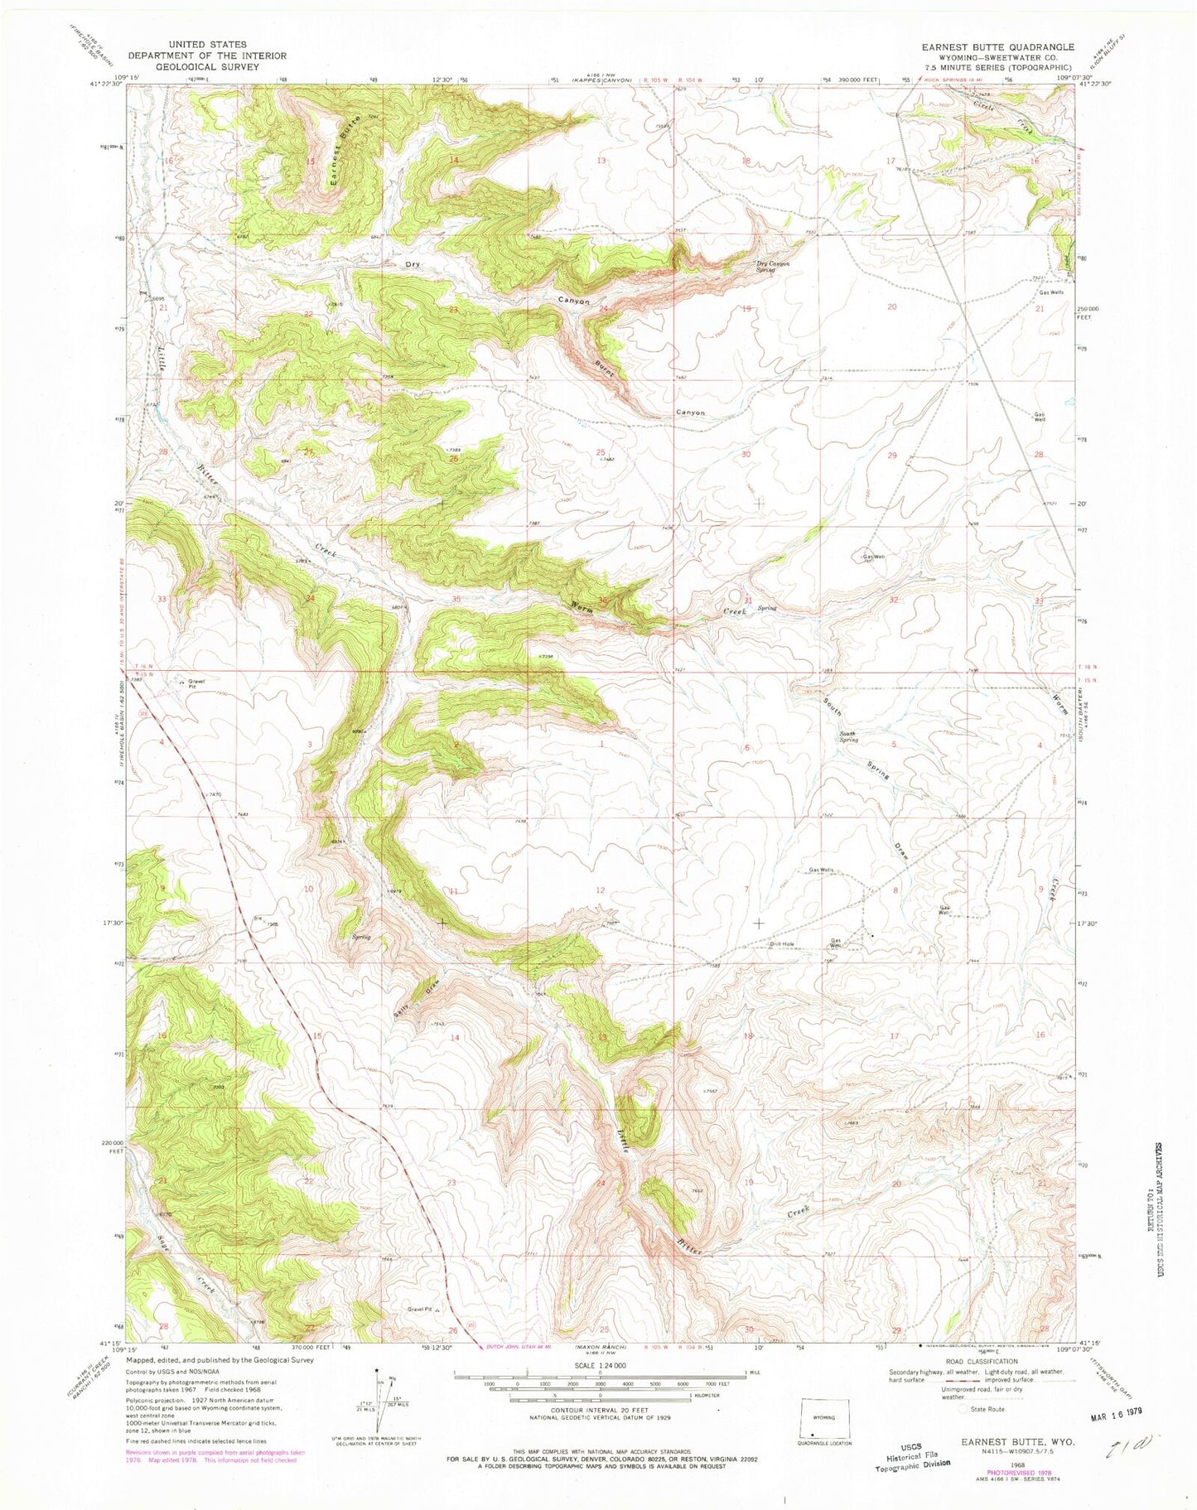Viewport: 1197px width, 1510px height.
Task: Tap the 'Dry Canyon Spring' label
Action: [772, 266]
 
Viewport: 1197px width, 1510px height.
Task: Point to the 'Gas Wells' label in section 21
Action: [1052, 292]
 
